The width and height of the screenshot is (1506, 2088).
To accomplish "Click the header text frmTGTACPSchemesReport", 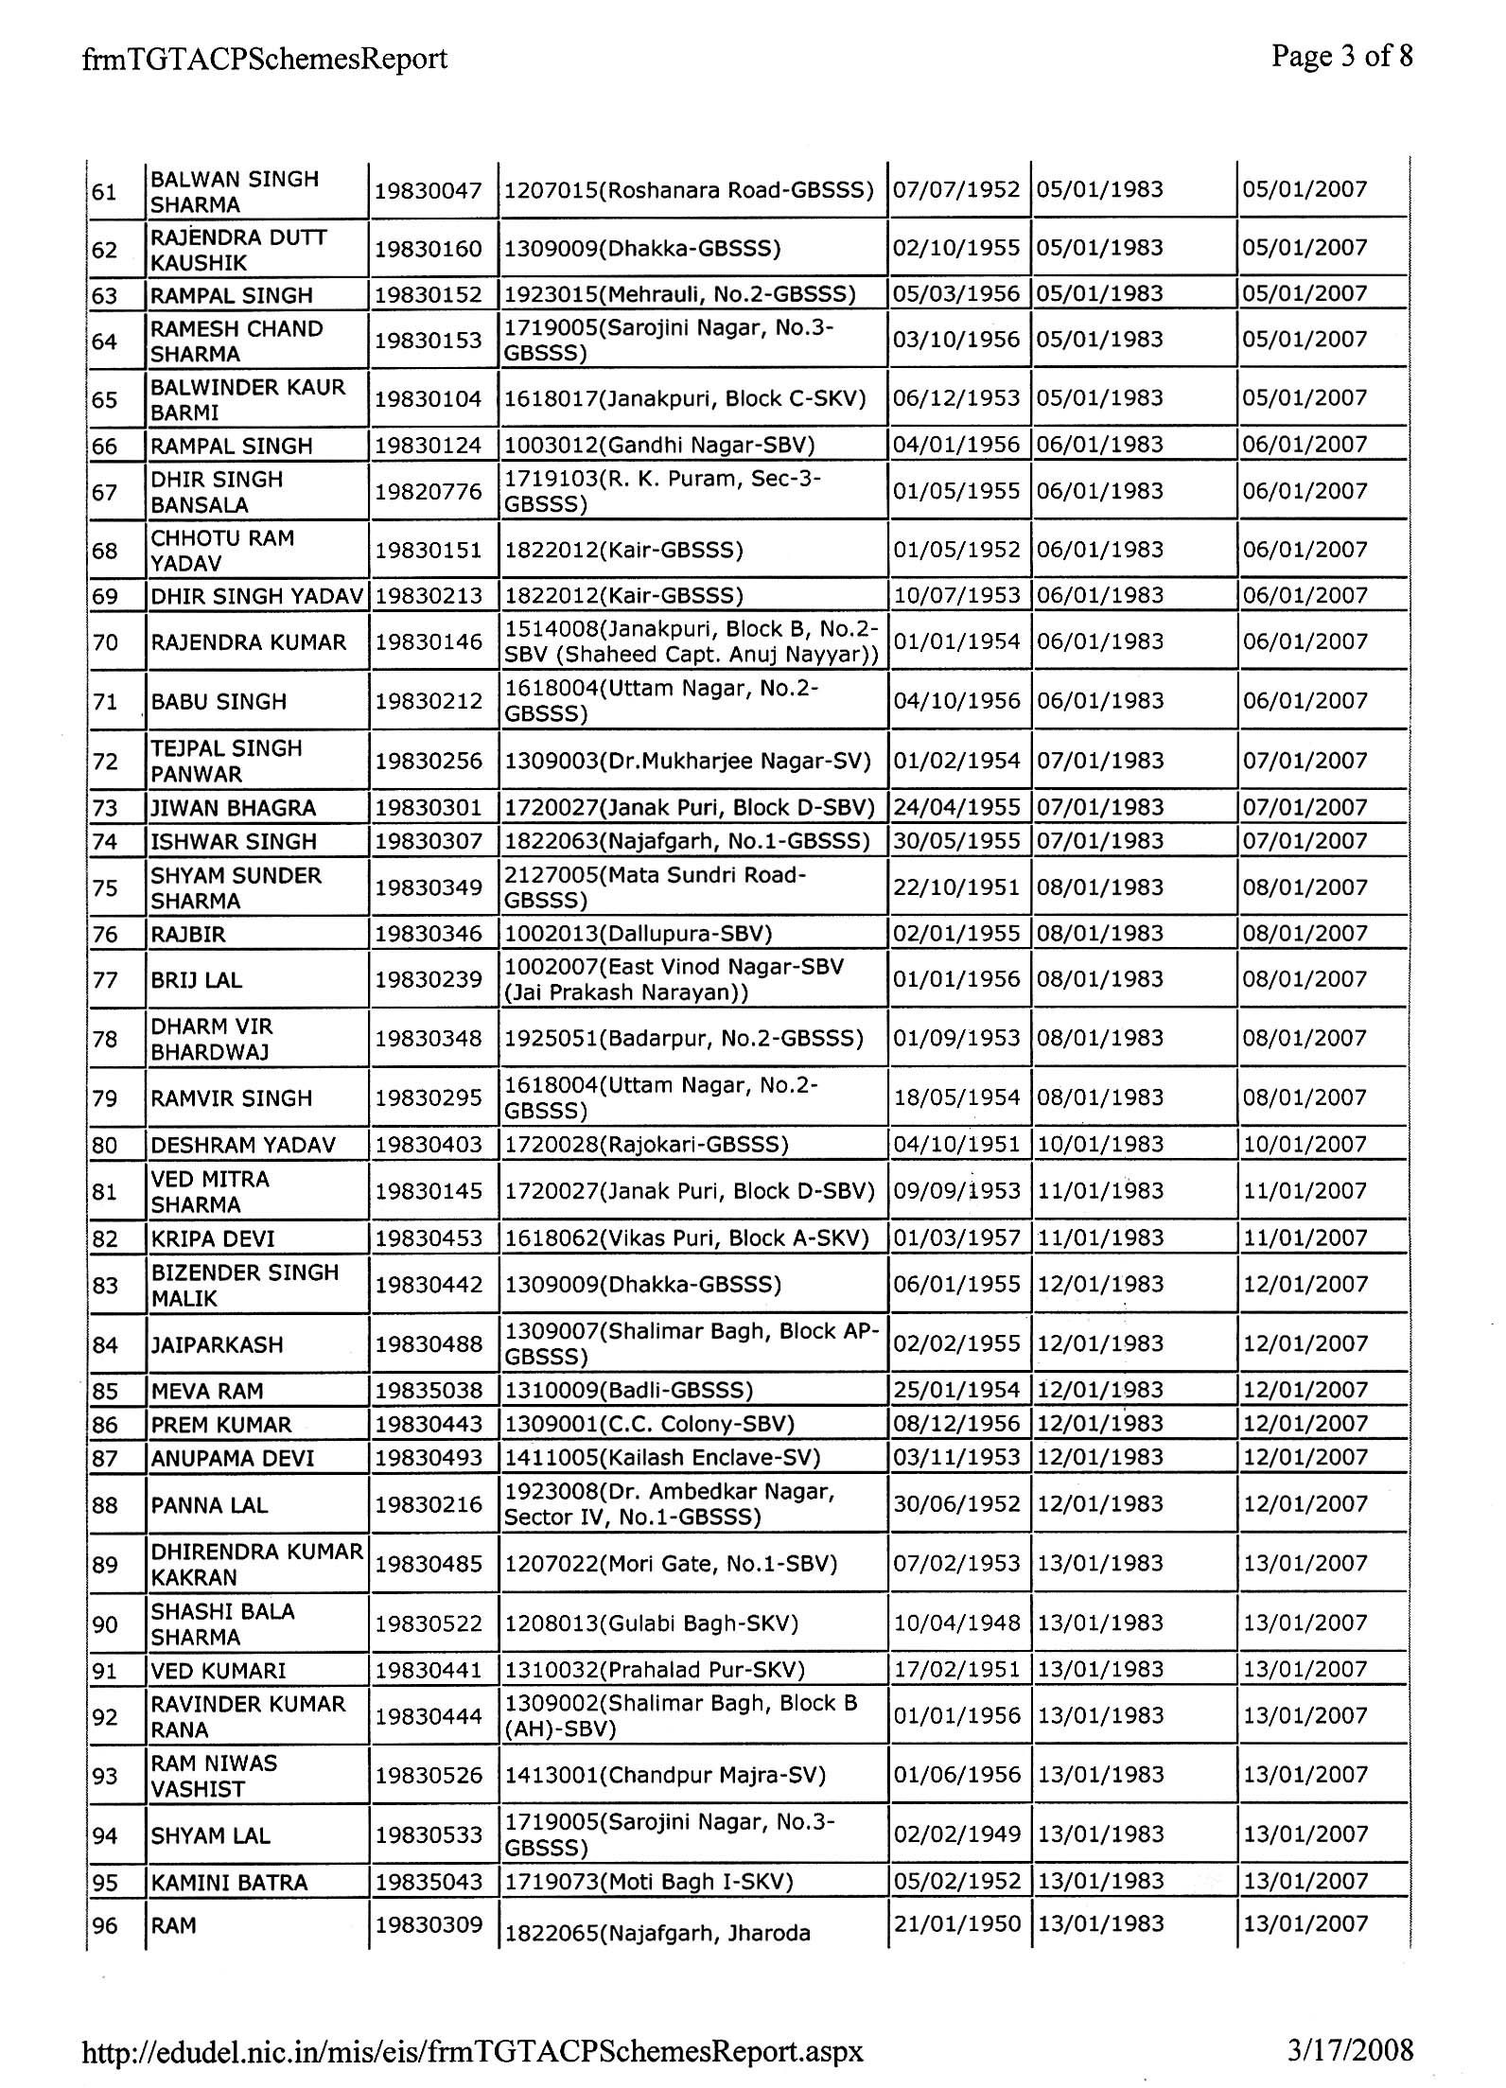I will (x=265, y=60).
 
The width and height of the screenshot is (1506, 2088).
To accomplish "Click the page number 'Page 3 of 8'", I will (x=1341, y=57).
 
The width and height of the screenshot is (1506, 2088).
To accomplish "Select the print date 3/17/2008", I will (x=1350, y=2049).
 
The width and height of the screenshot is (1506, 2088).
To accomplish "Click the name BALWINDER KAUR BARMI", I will (x=248, y=400).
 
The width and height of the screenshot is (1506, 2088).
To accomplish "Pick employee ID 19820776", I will (x=429, y=492).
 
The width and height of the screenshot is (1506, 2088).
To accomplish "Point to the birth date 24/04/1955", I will (x=956, y=808).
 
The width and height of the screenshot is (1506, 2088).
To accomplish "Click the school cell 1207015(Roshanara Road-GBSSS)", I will (x=689, y=190).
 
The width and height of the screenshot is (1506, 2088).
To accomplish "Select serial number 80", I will (x=104, y=1146).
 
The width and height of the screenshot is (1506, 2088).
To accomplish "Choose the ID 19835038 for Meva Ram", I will (x=429, y=1391).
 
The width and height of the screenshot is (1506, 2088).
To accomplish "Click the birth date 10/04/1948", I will (x=956, y=1623).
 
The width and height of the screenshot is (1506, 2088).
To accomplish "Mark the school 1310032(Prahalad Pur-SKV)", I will (x=654, y=1670).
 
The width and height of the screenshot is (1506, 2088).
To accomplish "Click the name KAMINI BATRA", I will (x=229, y=1883).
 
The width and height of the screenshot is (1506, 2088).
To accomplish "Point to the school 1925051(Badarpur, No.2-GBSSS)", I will (x=683, y=1039).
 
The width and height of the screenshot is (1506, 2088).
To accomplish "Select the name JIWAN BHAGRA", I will (x=233, y=808).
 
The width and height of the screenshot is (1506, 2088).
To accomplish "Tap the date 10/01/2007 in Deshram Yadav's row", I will (x=1305, y=1145).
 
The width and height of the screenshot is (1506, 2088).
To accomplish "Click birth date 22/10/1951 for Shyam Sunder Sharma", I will (x=956, y=887).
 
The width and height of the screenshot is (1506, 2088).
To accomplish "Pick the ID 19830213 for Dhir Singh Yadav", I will (x=429, y=596).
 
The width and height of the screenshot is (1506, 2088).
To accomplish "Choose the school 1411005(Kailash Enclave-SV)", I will (x=661, y=1458).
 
